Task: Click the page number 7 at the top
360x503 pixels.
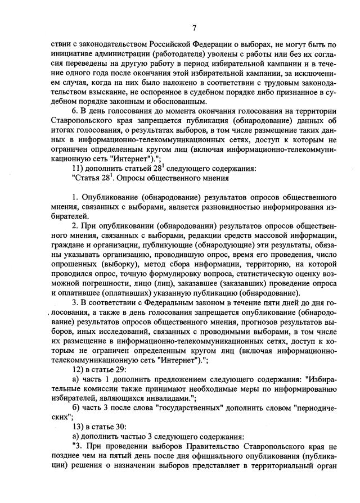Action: [x=194, y=28]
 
